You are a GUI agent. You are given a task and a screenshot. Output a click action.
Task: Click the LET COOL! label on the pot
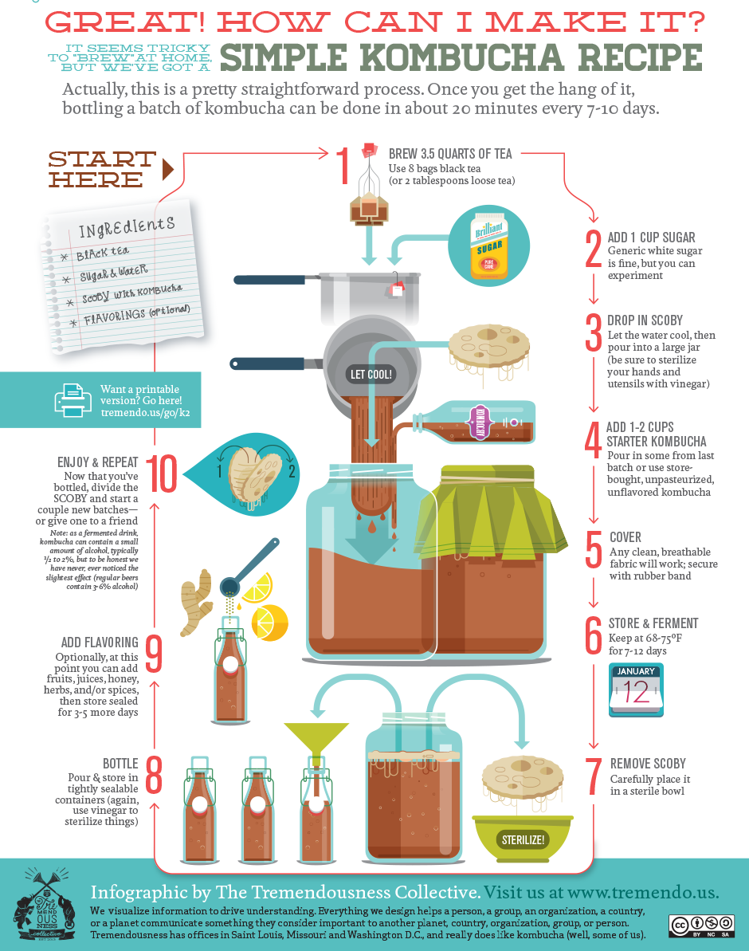click(372, 374)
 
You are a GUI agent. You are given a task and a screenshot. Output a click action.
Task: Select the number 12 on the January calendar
click(637, 691)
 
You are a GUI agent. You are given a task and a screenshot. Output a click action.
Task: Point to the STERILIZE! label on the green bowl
click(523, 839)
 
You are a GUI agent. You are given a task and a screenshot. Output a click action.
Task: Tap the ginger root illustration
click(194, 602)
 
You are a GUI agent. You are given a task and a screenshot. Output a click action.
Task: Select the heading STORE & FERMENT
click(653, 623)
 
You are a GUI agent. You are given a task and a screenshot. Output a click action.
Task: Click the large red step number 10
click(162, 476)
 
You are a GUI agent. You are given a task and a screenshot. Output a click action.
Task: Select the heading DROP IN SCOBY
click(645, 320)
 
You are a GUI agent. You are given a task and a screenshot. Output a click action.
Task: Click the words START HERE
click(100, 169)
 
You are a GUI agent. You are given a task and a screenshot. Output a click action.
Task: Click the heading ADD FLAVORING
click(100, 643)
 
